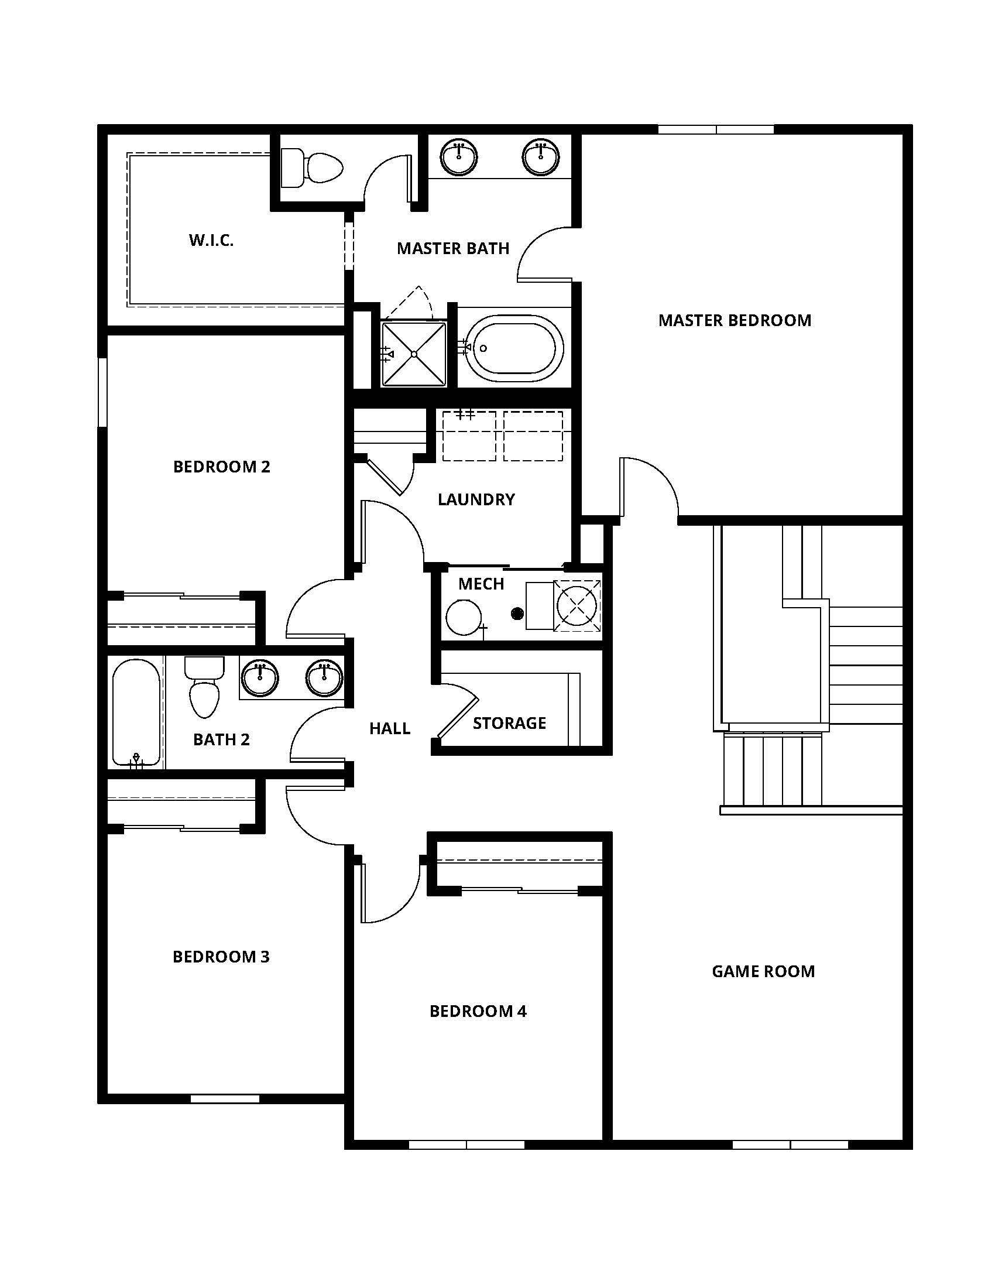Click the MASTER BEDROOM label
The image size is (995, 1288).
(735, 320)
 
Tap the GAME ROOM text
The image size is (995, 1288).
(763, 971)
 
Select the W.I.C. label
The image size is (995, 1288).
(211, 240)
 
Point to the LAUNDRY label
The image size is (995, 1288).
(476, 499)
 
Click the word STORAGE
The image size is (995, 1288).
(509, 723)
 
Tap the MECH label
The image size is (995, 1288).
(481, 584)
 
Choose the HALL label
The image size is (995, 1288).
(390, 729)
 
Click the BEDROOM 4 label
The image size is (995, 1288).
(478, 1012)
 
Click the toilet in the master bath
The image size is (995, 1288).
(313, 168)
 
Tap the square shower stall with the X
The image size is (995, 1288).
(414, 354)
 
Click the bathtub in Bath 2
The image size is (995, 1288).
(136, 712)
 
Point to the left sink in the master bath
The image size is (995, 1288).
(459, 156)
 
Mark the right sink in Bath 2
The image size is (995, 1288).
(324, 677)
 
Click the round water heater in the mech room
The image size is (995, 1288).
(464, 617)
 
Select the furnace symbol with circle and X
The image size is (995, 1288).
(578, 605)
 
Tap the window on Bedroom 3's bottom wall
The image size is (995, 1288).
(225, 1098)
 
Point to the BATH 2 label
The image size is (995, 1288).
(221, 739)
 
